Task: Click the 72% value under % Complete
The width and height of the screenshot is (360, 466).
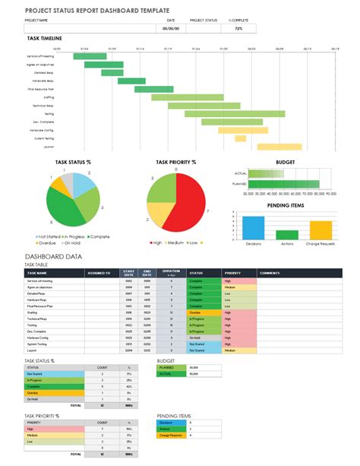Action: pos(238,28)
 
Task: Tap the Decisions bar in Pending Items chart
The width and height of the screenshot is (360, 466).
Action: pos(254,227)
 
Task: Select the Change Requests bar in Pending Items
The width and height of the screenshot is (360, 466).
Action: pos(320,230)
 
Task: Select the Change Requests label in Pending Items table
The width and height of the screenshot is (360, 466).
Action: pos(169,435)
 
